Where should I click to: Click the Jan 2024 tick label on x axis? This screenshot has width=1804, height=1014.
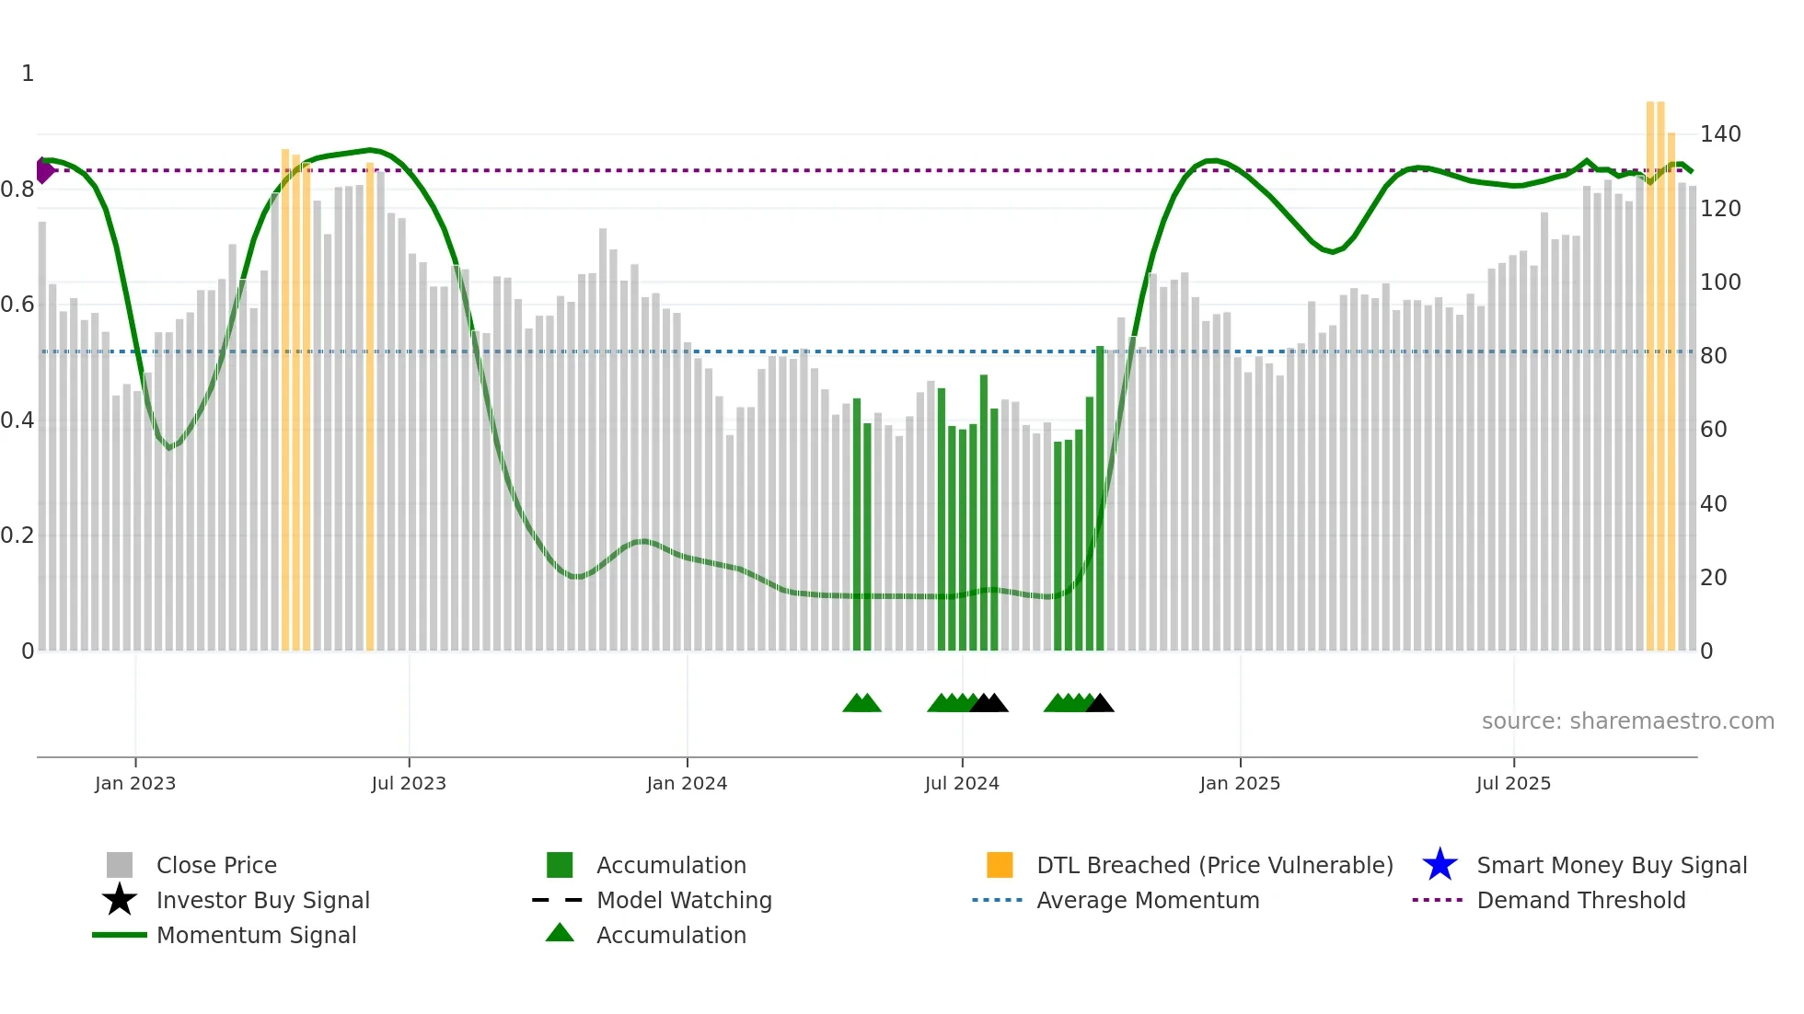[687, 783]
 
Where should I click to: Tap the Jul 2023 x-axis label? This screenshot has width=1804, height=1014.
[409, 783]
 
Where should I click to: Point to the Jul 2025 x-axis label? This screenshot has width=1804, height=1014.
[1513, 783]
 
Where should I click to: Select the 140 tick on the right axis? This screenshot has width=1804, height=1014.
[1719, 134]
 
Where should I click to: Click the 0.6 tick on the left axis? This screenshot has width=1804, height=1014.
[17, 305]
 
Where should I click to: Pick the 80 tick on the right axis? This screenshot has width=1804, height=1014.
[1713, 356]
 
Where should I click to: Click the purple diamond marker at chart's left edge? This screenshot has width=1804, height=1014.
[43, 170]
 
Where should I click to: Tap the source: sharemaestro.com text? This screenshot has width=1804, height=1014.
[1627, 721]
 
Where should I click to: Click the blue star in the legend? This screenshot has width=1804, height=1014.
[1440, 865]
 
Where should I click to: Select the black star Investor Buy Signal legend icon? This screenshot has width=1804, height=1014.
[120, 900]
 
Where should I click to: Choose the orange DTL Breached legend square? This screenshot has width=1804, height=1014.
[1000, 865]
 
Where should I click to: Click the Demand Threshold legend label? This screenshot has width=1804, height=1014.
[1580, 900]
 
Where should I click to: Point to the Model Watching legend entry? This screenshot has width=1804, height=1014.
[684, 900]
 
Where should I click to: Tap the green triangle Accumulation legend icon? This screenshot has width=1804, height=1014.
[560, 933]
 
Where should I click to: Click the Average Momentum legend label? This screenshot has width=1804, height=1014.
[1148, 900]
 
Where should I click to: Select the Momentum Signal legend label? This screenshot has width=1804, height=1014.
[256, 935]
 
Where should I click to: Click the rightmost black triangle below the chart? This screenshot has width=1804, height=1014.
[1100, 704]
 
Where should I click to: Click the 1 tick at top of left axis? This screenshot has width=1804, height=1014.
[28, 74]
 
